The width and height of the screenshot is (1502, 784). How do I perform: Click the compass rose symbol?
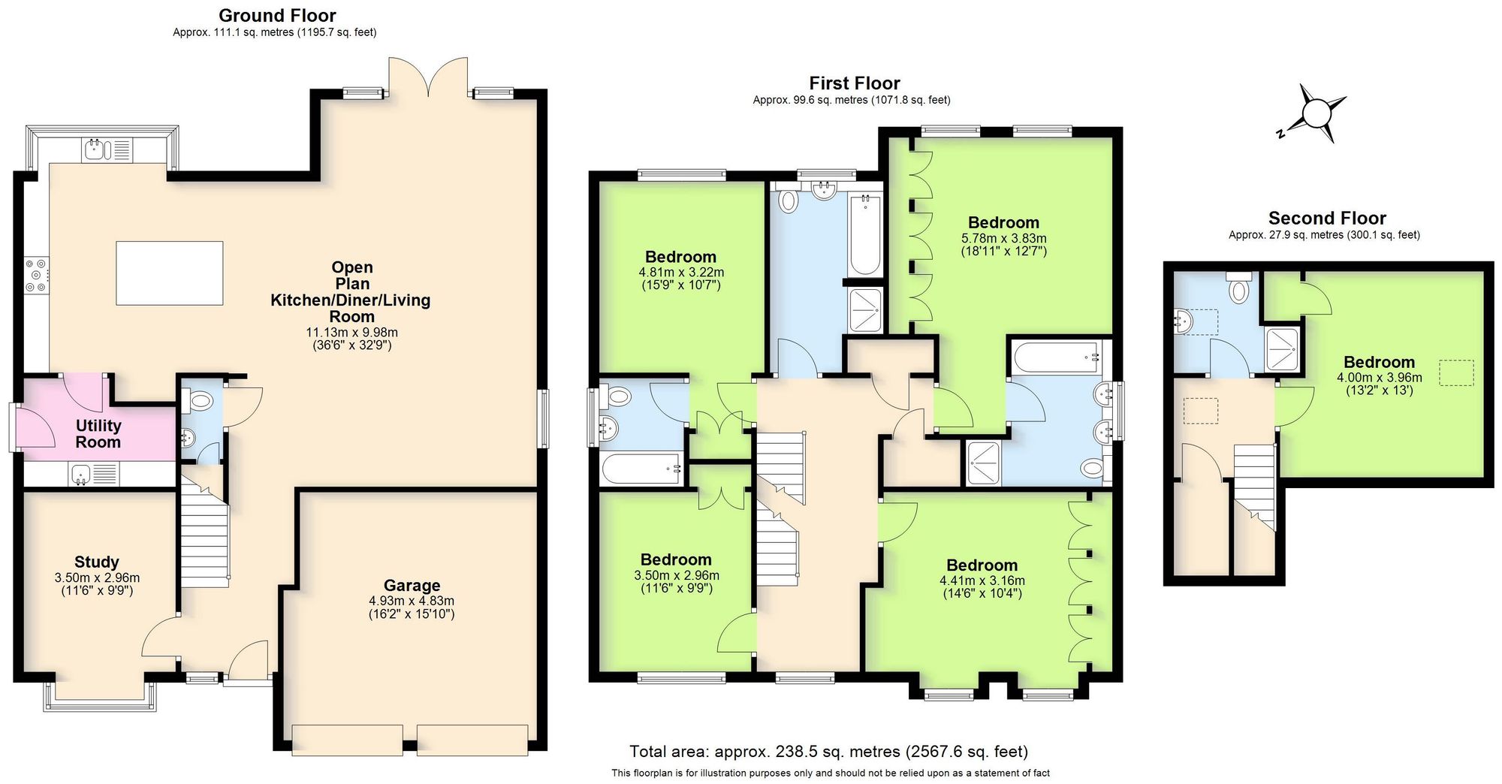(1316, 114)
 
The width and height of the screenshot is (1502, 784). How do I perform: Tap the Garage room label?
(412, 586)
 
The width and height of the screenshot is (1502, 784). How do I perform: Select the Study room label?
(97, 562)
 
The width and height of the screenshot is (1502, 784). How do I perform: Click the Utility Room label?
(98, 433)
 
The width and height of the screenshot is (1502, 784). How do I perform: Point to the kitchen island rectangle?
(170, 273)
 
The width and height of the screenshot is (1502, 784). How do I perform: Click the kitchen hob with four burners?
(36, 276)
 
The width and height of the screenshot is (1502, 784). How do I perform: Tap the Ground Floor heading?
(277, 15)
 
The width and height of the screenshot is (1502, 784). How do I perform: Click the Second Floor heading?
(1327, 219)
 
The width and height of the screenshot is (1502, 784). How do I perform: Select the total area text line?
(828, 751)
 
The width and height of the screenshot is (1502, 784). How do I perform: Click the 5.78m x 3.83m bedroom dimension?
(1003, 238)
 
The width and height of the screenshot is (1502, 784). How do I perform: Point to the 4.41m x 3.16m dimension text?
(982, 580)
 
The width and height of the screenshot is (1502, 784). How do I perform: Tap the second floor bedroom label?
(1379, 362)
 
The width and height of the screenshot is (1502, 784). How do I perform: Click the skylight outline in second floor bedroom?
(1455, 372)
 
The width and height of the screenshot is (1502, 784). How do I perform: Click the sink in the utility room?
(81, 473)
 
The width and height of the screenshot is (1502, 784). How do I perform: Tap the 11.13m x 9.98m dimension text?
(351, 332)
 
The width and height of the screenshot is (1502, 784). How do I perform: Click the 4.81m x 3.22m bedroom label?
(680, 257)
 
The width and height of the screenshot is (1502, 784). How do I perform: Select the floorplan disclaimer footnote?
(830, 773)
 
